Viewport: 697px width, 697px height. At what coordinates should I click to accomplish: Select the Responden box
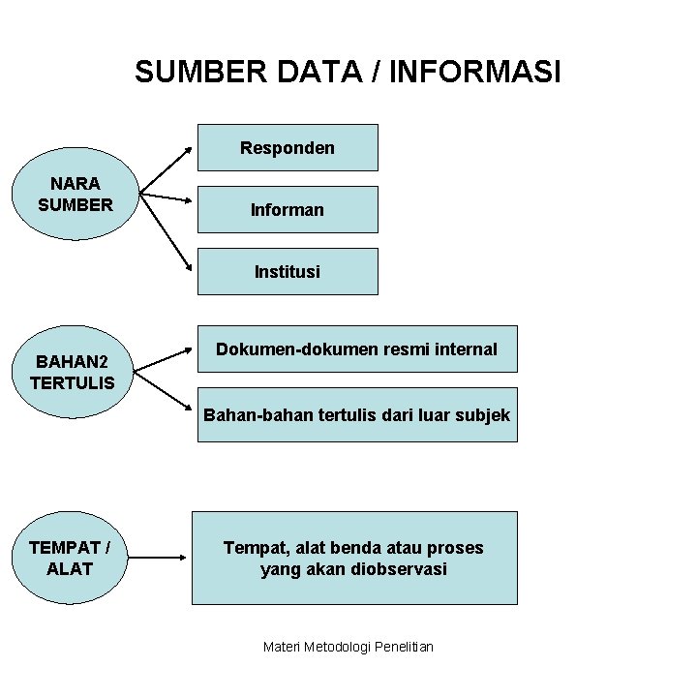pyautogui.click(x=288, y=147)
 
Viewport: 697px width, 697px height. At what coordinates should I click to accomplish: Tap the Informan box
pyautogui.click(x=288, y=209)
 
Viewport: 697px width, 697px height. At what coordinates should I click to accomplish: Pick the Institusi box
pyautogui.click(x=288, y=271)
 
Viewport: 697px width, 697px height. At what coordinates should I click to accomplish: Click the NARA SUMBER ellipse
pyautogui.click(x=76, y=194)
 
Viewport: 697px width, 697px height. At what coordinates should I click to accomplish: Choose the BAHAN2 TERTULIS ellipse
pyautogui.click(x=74, y=372)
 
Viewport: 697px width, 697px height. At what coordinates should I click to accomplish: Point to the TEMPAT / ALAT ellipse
pyautogui.click(x=70, y=558)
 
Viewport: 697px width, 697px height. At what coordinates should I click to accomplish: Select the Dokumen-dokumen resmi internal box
pyautogui.click(x=356, y=349)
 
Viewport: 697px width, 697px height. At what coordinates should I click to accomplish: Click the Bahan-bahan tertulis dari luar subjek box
pyautogui.click(x=356, y=414)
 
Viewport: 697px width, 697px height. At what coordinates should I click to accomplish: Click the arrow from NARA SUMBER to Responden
pyautogui.click(x=166, y=171)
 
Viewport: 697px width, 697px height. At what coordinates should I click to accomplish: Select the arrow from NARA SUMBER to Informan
pyautogui.click(x=166, y=197)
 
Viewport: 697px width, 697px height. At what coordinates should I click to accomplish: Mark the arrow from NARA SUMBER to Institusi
pyautogui.click(x=166, y=231)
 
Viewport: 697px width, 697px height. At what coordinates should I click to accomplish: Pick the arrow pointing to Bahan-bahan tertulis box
pyautogui.click(x=163, y=390)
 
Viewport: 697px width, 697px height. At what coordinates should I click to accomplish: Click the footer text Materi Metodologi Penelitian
pyautogui.click(x=348, y=646)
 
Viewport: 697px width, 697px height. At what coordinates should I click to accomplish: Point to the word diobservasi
pyautogui.click(x=394, y=569)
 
